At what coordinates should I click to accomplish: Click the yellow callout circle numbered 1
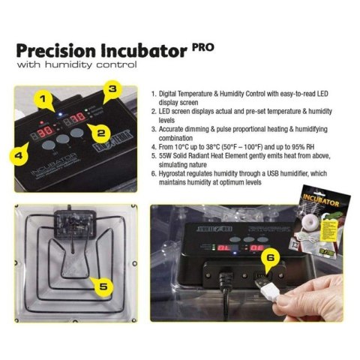tap(43, 98)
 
